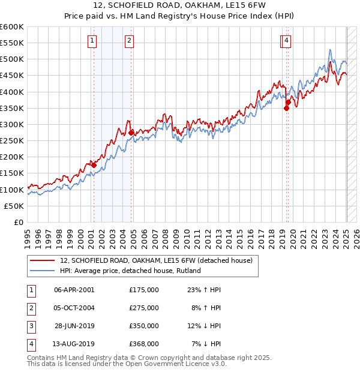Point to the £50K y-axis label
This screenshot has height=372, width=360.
coord(14,206)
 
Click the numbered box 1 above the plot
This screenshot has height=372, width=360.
coord(92,41)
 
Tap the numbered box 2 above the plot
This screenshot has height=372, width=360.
coord(129,41)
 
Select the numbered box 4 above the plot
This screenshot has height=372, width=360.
coord(287,41)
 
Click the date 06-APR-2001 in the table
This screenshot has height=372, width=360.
coord(74,289)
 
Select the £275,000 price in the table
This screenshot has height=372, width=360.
coord(144,308)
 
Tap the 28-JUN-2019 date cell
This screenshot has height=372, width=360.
coord(74,326)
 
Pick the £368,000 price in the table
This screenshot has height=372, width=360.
coord(144,344)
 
